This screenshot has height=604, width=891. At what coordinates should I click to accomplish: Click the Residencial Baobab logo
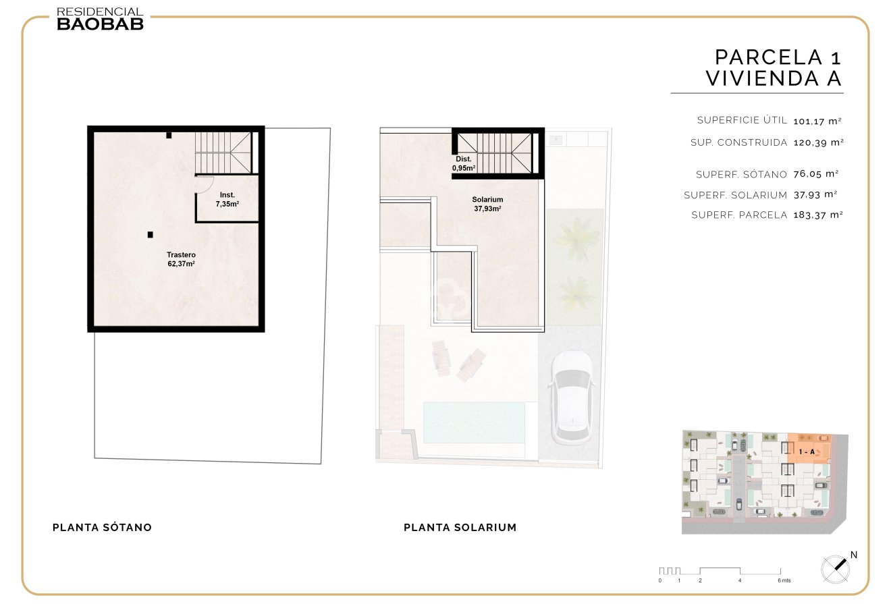100,19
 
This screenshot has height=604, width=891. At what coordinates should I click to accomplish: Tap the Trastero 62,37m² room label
181,259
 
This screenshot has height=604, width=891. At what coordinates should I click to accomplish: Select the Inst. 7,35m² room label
227,199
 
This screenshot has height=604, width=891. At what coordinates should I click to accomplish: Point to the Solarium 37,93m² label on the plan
487,204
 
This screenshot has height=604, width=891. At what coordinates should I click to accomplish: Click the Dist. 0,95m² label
464,163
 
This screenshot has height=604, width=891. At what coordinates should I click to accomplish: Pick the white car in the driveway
571,397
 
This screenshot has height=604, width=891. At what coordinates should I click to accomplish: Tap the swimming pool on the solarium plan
474,422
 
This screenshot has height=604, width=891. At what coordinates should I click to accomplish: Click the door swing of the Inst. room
205,184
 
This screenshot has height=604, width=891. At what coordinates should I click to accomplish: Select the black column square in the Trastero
150,235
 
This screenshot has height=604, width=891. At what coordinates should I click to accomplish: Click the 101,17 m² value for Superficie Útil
817,121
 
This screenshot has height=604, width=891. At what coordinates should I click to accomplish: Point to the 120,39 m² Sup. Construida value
818,142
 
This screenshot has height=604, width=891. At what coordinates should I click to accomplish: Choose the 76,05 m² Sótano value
816,173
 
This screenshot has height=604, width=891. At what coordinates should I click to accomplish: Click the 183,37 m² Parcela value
818,215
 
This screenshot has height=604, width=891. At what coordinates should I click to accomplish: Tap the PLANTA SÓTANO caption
102,527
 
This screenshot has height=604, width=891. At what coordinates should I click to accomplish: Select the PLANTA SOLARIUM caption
460,527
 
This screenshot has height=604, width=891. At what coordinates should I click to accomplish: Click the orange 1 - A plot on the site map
809,449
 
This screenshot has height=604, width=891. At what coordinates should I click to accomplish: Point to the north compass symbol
836,568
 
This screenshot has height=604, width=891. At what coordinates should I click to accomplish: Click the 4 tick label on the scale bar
739,580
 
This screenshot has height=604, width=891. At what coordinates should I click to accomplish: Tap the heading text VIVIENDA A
774,78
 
